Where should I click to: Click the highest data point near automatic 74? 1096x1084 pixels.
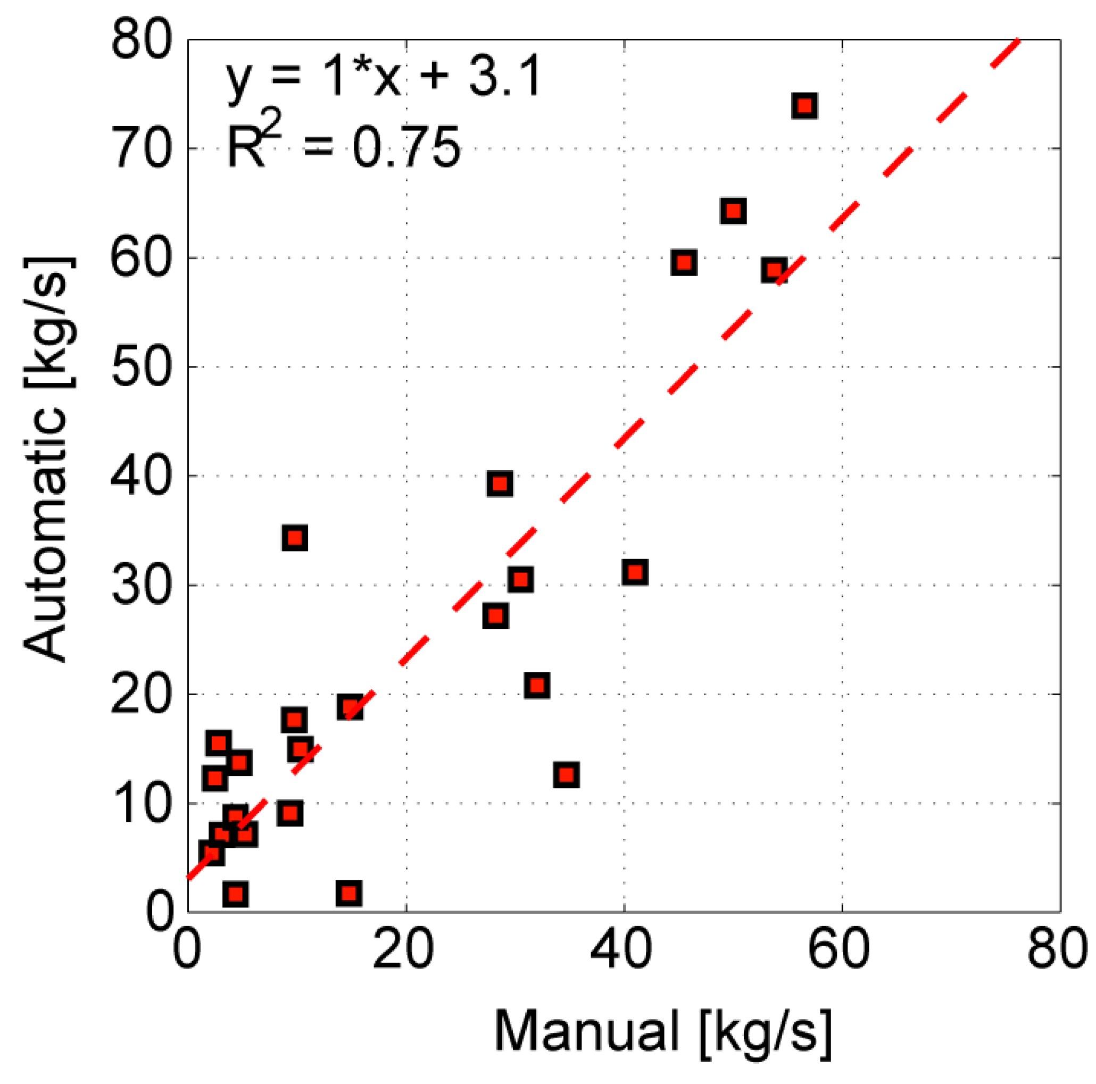804,106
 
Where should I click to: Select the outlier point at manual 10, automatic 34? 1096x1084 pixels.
295,538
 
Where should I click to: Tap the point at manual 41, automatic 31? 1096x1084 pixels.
635,572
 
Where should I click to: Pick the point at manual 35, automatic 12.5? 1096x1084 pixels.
566,775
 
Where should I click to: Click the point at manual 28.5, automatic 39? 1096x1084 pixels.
500,484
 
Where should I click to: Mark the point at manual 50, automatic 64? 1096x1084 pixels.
733,211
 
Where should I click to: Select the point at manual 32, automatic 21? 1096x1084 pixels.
537,685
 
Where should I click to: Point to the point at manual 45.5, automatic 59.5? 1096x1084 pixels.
684,263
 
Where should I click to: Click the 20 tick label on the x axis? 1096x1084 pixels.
403,949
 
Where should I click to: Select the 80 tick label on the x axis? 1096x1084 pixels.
1056,949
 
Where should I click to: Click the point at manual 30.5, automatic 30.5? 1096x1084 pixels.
520,580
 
